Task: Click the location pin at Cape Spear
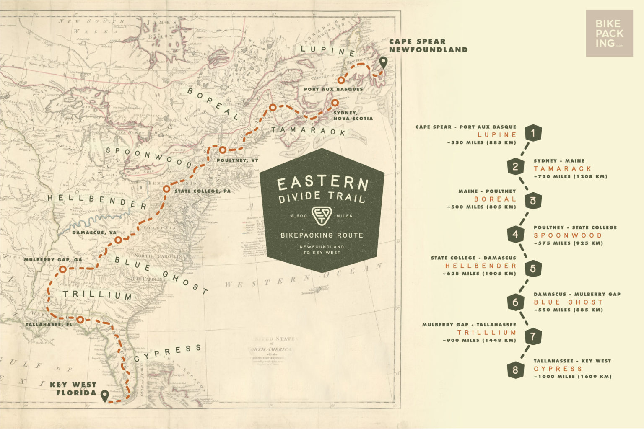[x=383, y=63]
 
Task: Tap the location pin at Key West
[x=104, y=395]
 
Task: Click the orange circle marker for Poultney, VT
[x=223, y=150]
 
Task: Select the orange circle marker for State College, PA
[x=166, y=189]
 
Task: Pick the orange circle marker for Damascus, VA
[x=119, y=240]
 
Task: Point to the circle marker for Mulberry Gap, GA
[x=62, y=269]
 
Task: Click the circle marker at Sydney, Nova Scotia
[x=335, y=102]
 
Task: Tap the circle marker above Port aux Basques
[x=342, y=80]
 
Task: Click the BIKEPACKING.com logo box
[x=609, y=33]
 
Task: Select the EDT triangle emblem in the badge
[x=322, y=215]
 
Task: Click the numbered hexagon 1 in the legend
[x=532, y=134]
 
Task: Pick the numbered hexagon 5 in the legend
[x=532, y=268]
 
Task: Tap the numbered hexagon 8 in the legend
[x=515, y=370]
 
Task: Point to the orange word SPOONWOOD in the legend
[x=568, y=235]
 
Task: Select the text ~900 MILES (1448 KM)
[x=479, y=340]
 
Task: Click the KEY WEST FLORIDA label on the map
[x=73, y=388]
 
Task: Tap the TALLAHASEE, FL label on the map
[x=49, y=324]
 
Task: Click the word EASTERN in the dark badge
[x=322, y=183]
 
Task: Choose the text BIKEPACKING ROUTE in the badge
[x=322, y=235]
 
